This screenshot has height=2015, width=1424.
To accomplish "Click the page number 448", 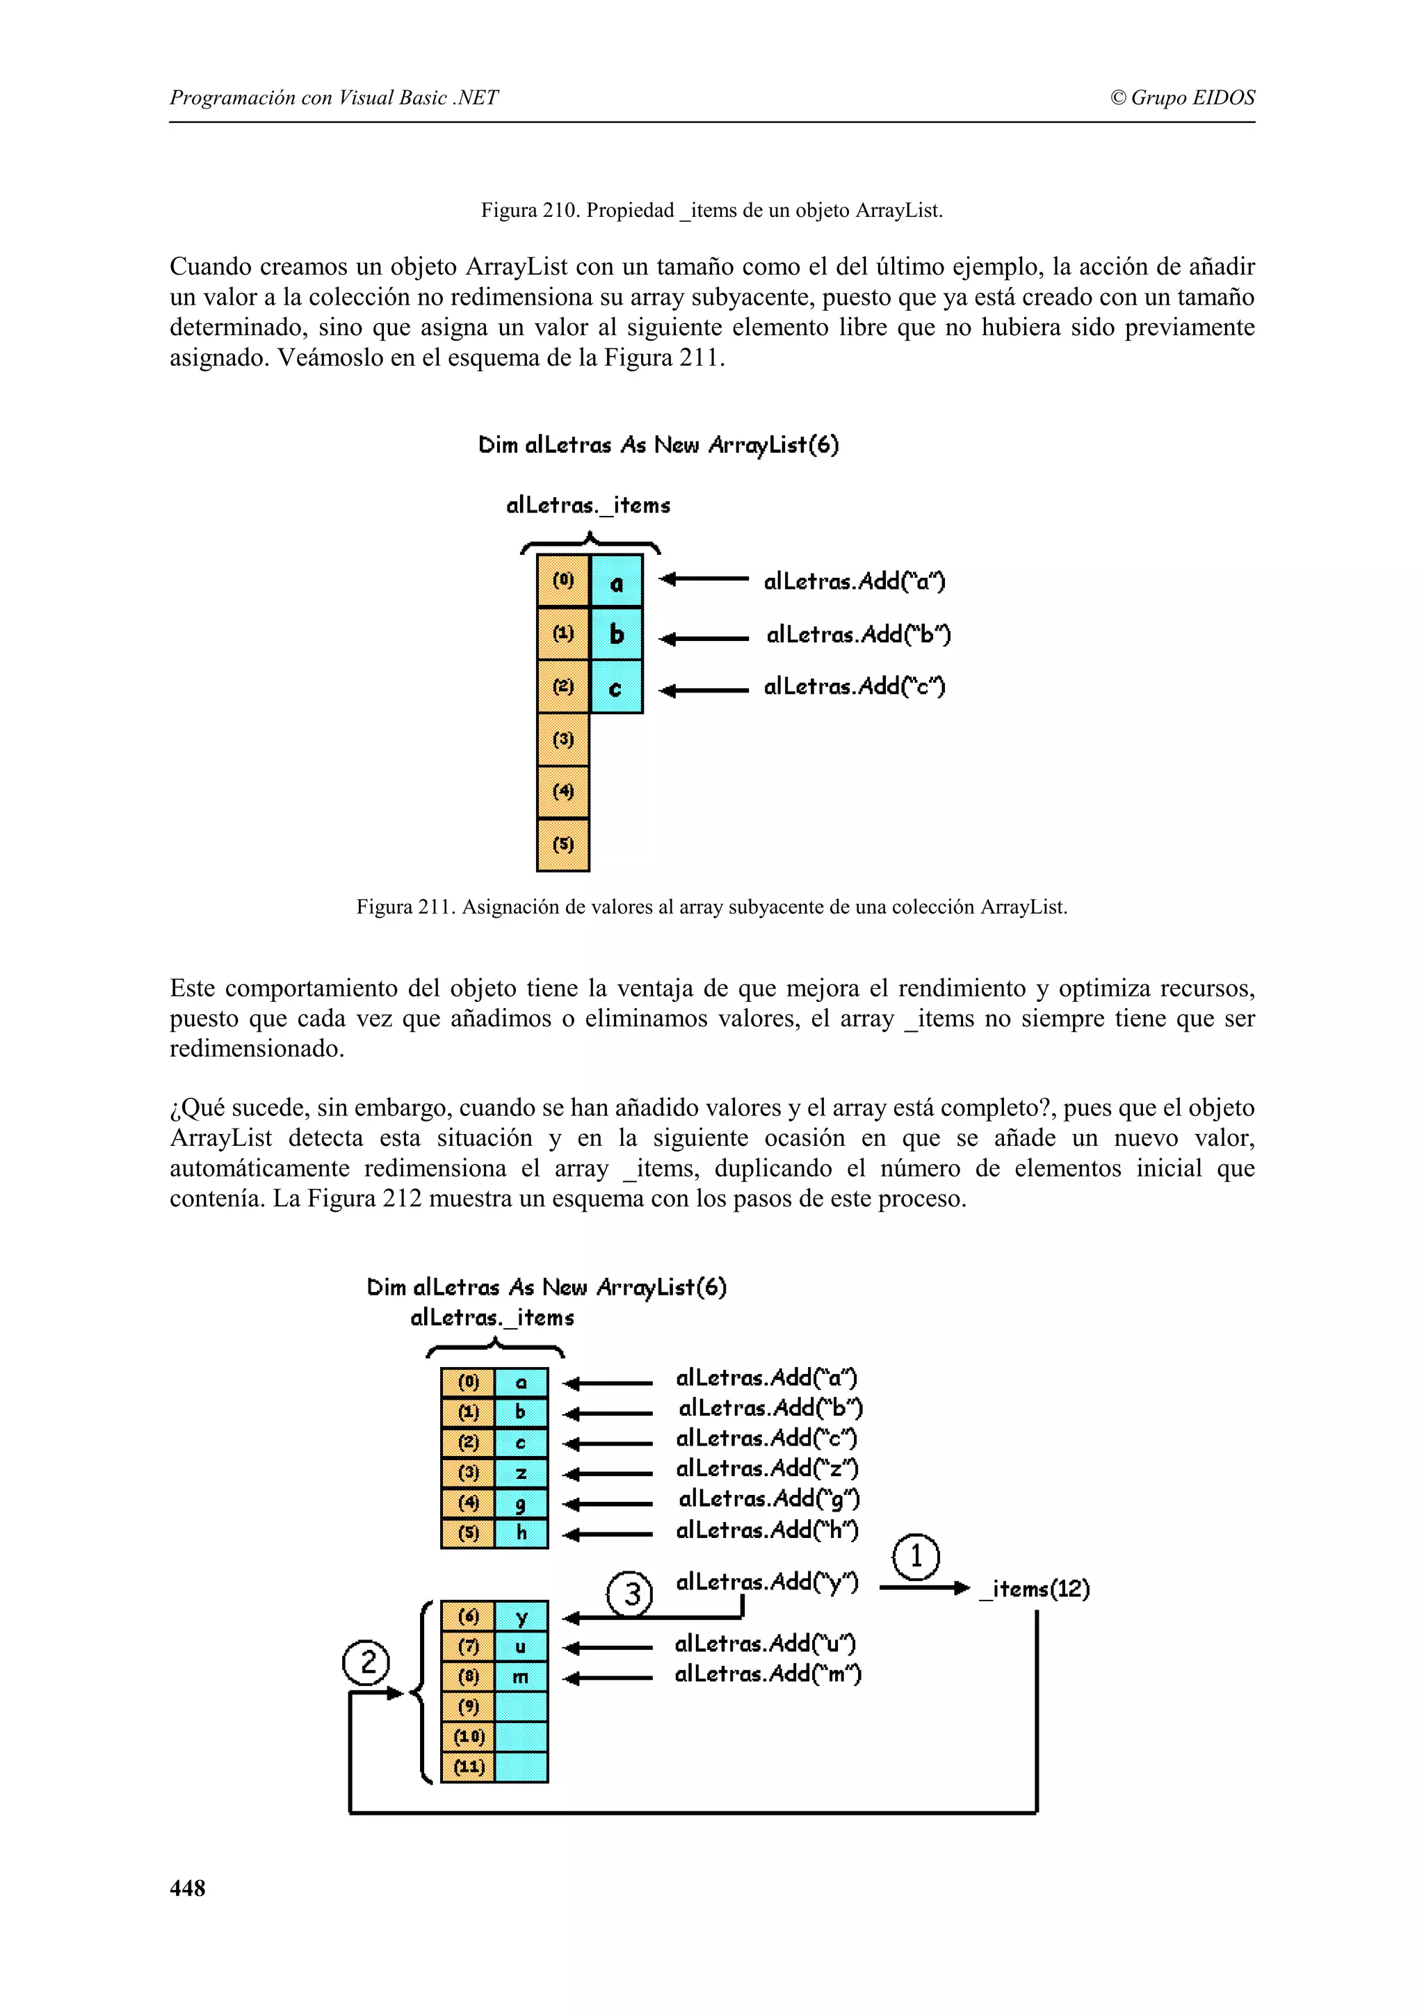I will (x=187, y=1888).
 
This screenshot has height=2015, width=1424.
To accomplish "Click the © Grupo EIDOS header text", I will (x=1182, y=97).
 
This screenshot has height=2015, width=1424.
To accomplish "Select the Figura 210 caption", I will (x=711, y=211).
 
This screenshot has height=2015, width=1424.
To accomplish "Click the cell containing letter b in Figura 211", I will (x=616, y=633).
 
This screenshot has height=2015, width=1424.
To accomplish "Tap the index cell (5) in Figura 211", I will (x=563, y=845).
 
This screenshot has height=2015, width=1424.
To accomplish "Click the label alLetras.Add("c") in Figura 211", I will (x=854, y=686).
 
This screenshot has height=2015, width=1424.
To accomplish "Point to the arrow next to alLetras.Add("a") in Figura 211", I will (x=703, y=579).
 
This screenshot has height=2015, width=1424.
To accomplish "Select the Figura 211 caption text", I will (x=711, y=907).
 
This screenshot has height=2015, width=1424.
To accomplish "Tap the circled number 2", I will (x=366, y=1662).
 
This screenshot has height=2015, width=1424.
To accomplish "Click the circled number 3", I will (x=630, y=1593).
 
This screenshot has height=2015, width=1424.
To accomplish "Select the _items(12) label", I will (x=1035, y=1589).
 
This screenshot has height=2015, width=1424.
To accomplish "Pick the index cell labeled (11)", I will (x=468, y=1767).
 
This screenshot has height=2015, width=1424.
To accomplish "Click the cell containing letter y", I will (x=521, y=1617).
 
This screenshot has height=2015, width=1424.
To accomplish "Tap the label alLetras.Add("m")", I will (x=768, y=1674).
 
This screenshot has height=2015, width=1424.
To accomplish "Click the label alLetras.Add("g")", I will (x=768, y=1499).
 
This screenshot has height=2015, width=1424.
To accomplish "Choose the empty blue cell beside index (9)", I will (x=521, y=1707).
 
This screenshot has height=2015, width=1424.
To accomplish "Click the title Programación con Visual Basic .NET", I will (x=334, y=97).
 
